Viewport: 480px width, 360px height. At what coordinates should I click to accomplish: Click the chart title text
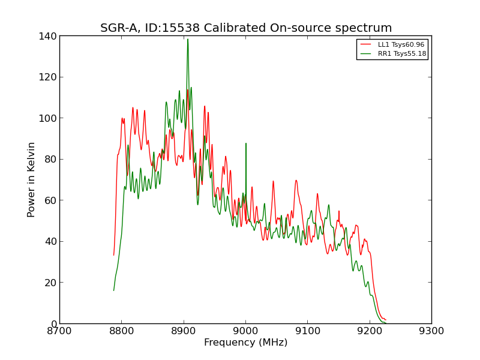246,28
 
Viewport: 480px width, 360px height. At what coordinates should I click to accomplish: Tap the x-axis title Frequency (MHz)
245,343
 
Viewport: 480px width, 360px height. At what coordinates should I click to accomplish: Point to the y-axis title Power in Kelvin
31,179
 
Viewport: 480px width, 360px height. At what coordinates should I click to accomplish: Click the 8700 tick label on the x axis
59,331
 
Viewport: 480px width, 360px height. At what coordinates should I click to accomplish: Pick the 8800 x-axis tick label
121,331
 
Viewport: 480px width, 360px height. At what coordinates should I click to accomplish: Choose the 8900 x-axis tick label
184,331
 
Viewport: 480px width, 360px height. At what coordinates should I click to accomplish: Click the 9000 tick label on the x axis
245,331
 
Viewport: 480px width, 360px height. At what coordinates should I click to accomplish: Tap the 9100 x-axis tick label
307,331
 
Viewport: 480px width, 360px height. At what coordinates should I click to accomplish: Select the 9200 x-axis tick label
370,331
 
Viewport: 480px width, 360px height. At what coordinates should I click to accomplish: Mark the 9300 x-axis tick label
431,331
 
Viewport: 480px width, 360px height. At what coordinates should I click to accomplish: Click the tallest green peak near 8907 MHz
188,40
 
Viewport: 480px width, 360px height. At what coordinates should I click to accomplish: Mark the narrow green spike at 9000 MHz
246,143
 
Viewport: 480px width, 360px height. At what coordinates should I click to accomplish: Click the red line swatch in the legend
366,45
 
